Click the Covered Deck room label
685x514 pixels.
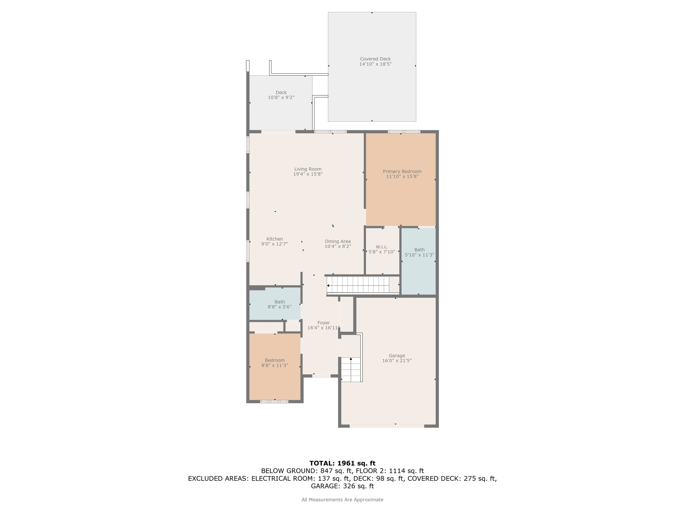(x=375, y=62)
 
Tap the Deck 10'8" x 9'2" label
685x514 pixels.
(x=281, y=95)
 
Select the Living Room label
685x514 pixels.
(x=308, y=172)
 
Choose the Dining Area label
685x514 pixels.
(x=338, y=244)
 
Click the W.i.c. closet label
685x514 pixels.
(x=382, y=249)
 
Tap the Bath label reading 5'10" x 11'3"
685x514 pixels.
(x=419, y=252)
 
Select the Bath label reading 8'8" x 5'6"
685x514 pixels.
(x=280, y=304)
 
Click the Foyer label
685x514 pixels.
(x=323, y=325)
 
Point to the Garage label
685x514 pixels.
(x=397, y=358)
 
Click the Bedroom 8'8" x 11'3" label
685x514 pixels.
(x=275, y=363)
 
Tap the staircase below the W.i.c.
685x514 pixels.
(x=358, y=285)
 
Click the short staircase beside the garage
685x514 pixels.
(x=351, y=369)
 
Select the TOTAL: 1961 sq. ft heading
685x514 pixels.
(x=342, y=463)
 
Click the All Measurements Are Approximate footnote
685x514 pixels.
(x=342, y=500)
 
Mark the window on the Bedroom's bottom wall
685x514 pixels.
(x=274, y=402)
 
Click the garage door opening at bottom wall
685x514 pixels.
(x=387, y=426)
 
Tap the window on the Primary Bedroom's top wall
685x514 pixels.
(x=404, y=132)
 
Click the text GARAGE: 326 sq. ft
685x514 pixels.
(x=342, y=486)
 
